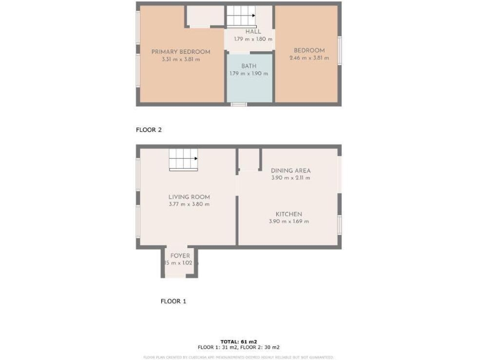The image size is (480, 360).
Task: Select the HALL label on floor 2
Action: tap(253, 31)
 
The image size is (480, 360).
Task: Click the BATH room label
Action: tap(249, 66)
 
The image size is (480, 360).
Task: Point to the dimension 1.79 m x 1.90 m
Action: tap(249, 74)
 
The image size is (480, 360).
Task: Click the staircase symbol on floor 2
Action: tap(241, 16)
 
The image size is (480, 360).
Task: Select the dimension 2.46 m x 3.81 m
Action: tap(309, 59)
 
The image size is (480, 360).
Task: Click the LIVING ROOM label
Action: tap(189, 197)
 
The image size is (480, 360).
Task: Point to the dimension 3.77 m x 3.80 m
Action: tap(189, 204)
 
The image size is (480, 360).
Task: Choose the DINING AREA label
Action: tap(291, 171)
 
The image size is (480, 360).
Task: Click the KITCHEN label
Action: tap(289, 214)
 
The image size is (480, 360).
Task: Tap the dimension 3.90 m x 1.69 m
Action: tap(289, 221)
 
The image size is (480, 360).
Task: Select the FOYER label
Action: tap(180, 256)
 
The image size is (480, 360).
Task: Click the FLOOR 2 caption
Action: tap(149, 130)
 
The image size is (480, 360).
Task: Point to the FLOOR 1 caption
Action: tap(173, 301)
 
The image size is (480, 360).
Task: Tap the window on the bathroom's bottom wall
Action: tap(238, 104)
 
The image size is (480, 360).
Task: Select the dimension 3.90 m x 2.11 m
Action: tap(291, 178)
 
